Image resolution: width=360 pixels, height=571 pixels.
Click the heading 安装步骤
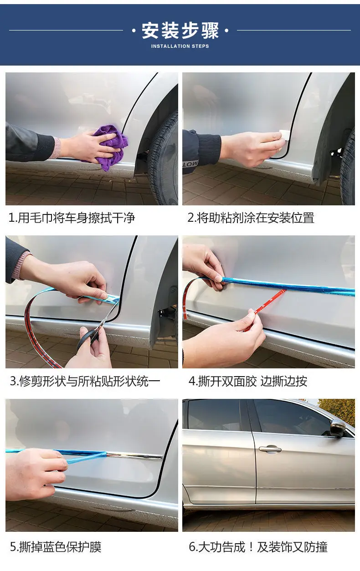[180, 31]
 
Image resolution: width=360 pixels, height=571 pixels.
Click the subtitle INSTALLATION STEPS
[180, 46]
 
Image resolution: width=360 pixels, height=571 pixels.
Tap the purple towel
[112, 147]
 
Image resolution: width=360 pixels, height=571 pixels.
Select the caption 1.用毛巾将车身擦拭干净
[72, 218]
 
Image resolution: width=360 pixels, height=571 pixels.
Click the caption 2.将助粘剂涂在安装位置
[251, 218]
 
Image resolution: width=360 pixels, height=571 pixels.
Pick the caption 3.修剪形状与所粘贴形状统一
[85, 381]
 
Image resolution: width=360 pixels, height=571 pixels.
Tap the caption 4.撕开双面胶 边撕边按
[248, 381]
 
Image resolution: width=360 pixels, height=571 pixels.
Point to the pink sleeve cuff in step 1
[57, 148]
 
